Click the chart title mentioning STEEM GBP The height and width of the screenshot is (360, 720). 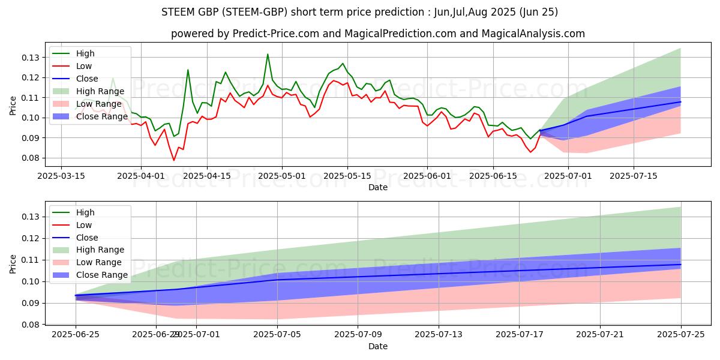[x=360, y=12]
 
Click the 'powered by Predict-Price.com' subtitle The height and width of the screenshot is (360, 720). [x=378, y=34]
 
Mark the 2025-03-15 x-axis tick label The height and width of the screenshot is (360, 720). [x=62, y=176]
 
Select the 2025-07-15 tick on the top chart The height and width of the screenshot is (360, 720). [x=634, y=176]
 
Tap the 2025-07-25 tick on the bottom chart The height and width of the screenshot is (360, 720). [x=680, y=335]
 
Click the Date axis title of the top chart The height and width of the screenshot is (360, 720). [x=378, y=187]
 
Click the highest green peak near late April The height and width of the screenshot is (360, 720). [x=268, y=55]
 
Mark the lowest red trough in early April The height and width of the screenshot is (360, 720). [x=174, y=160]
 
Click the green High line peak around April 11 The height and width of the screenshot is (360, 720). [x=188, y=70]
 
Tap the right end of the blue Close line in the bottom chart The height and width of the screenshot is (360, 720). [x=680, y=265]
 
